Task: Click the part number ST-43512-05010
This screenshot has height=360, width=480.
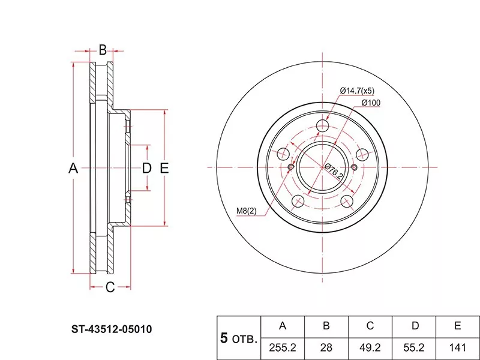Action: (x=112, y=329)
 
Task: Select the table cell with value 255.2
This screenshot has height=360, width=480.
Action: (x=283, y=347)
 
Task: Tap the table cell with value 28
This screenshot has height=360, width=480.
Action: (x=326, y=347)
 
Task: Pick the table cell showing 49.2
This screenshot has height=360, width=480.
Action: (x=370, y=347)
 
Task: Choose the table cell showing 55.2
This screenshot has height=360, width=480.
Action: (x=415, y=347)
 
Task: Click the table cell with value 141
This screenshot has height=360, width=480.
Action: (x=458, y=347)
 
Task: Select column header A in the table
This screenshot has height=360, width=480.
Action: (x=283, y=326)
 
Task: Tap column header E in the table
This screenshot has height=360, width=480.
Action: (x=458, y=326)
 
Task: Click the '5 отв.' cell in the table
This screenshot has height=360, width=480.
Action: (x=238, y=338)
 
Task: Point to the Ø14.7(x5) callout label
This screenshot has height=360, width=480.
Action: (x=357, y=91)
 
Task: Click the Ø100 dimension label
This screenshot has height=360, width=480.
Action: (x=370, y=103)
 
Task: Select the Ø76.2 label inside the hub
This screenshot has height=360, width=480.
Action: (x=334, y=171)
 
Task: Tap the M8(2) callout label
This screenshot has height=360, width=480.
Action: (x=245, y=210)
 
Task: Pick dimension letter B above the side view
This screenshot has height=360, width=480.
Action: (x=103, y=49)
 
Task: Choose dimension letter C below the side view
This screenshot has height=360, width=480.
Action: (x=110, y=287)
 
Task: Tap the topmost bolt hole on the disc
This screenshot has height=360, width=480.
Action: (x=323, y=126)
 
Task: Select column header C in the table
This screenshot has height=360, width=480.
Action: (x=370, y=326)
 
